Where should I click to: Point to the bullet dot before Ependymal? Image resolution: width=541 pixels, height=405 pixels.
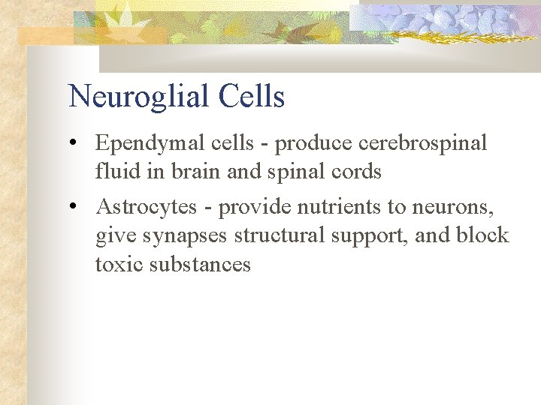pos(78,143)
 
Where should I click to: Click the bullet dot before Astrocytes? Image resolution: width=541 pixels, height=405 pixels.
pos(78,207)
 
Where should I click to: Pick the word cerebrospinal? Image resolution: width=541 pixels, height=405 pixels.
pos(423,143)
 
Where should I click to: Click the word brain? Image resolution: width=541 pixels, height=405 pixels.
pos(197,172)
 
